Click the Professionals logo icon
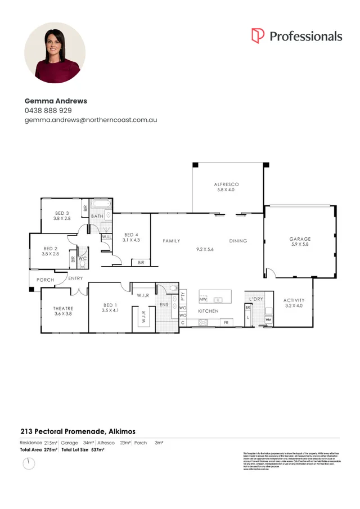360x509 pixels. [258, 35]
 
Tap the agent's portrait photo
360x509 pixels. [55, 53]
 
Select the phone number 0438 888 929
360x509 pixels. [48, 110]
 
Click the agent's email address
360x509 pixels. [91, 120]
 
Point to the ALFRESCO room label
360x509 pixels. [227, 184]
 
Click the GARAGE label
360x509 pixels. [300, 239]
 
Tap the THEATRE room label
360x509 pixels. [63, 308]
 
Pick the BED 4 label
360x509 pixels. [132, 235]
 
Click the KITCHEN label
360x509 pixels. [208, 311]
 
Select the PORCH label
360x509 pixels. [46, 280]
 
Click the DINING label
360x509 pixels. [238, 241]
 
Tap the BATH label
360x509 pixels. [97, 216]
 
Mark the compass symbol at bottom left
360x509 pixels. [28, 463]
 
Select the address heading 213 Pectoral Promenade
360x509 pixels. [62, 431]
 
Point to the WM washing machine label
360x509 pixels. [268, 319]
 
